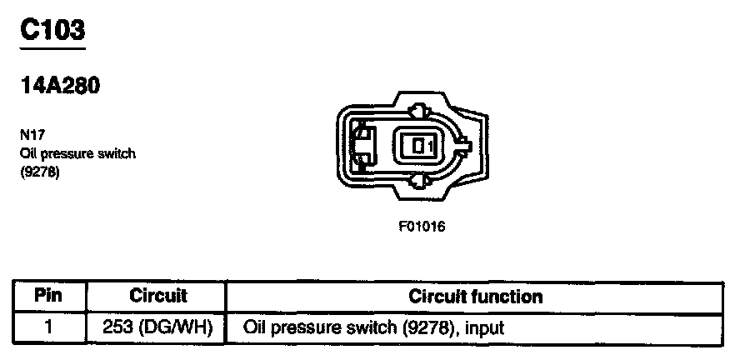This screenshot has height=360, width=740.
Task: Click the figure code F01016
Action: pyautogui.click(x=422, y=226)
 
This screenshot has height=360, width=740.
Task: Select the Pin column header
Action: pyautogui.click(x=49, y=296)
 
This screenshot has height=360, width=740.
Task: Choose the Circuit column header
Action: pyautogui.click(x=158, y=296)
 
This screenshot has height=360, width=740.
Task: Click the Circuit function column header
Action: pyautogui.click(x=476, y=296)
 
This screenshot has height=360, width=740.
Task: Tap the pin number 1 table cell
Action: pyautogui.click(x=49, y=327)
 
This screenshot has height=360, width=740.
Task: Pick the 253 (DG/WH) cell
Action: pyautogui.click(x=158, y=327)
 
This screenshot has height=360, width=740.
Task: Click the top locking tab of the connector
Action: pyautogui.click(x=420, y=110)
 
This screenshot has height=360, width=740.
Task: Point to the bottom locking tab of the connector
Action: pyautogui.click(x=420, y=181)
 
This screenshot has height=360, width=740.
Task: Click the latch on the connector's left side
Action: pyautogui.click(x=362, y=146)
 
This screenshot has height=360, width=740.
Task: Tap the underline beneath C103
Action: pyautogui.click(x=52, y=47)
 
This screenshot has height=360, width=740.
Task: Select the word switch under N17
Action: pyautogui.click(x=118, y=153)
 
